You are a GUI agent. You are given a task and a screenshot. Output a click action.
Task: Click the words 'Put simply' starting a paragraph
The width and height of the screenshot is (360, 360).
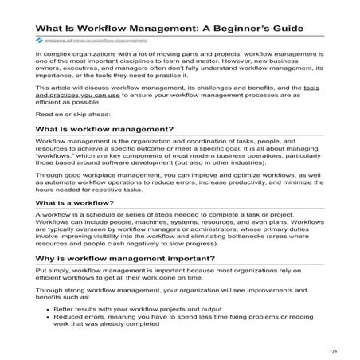click(x=55, y=272)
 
